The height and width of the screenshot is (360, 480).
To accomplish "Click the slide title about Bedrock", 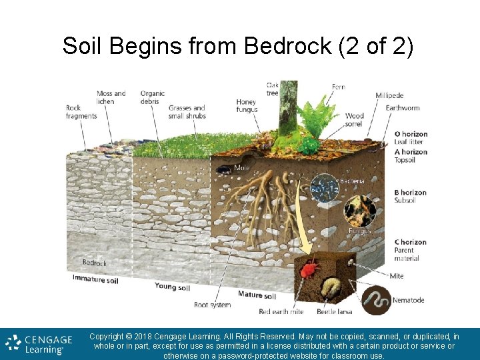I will pos(239,45).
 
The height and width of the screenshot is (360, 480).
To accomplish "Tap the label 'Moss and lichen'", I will pos(111,97).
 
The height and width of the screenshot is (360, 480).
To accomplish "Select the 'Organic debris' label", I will pos(152,97).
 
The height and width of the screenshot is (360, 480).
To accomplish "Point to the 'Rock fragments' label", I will pos(81,111).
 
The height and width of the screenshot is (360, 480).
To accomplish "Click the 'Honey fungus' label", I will pos(246,106).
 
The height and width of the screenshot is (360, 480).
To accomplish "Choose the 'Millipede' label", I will pos(389,95).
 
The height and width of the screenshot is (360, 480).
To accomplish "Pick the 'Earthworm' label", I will pos(403,107).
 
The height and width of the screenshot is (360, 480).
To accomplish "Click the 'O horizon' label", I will pos(411,134).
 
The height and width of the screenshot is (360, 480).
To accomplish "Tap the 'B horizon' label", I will pos(410,193).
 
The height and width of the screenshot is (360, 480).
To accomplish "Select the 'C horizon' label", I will pos(410,242).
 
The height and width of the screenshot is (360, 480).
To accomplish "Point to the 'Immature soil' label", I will pos(95,279).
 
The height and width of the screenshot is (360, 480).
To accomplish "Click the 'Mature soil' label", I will pos(257,295).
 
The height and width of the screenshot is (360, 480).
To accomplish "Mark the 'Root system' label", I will pos(212,305).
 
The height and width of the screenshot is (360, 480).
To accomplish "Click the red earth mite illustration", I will pos(308,269).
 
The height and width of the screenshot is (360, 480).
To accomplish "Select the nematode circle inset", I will pos(375,299).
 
